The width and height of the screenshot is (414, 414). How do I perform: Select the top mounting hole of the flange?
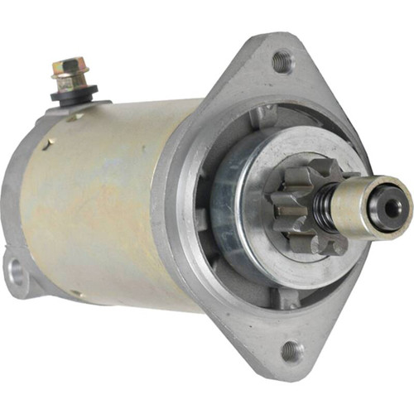(282, 60)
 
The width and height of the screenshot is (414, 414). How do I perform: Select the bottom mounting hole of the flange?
(291, 351)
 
